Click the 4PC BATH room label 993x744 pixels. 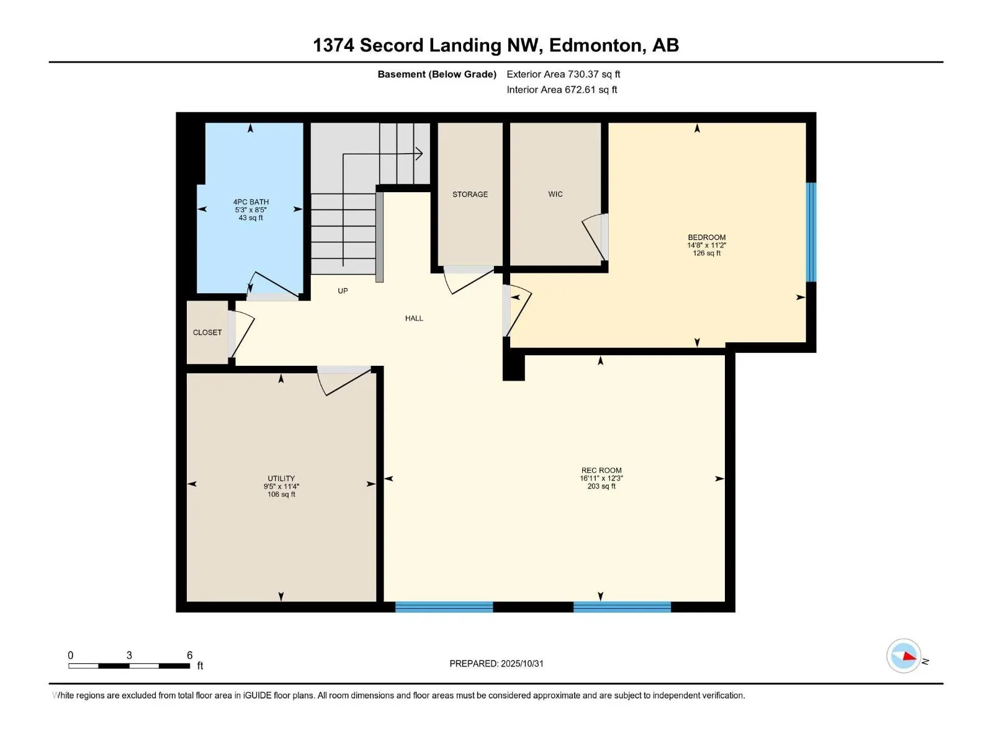(x=251, y=201)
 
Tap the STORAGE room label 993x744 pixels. (x=470, y=194)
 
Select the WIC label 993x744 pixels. (x=555, y=194)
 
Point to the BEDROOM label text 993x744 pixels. (x=706, y=237)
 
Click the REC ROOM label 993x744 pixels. (x=601, y=471)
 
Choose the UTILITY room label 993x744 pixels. (x=281, y=479)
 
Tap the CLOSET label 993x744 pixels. (x=207, y=332)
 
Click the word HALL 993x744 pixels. (x=414, y=318)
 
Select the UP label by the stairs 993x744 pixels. (x=343, y=291)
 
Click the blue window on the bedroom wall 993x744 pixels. (x=811, y=232)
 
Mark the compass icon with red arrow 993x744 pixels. (x=904, y=656)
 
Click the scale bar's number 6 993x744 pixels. (x=189, y=655)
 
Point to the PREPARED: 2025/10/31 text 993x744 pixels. (x=496, y=663)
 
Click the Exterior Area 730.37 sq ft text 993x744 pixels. (x=563, y=74)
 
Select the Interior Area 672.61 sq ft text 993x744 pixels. (x=562, y=90)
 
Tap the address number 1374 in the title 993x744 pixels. (x=333, y=45)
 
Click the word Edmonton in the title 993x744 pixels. (x=595, y=45)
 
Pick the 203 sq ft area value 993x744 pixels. (x=601, y=487)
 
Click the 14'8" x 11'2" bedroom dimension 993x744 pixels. (x=706, y=246)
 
